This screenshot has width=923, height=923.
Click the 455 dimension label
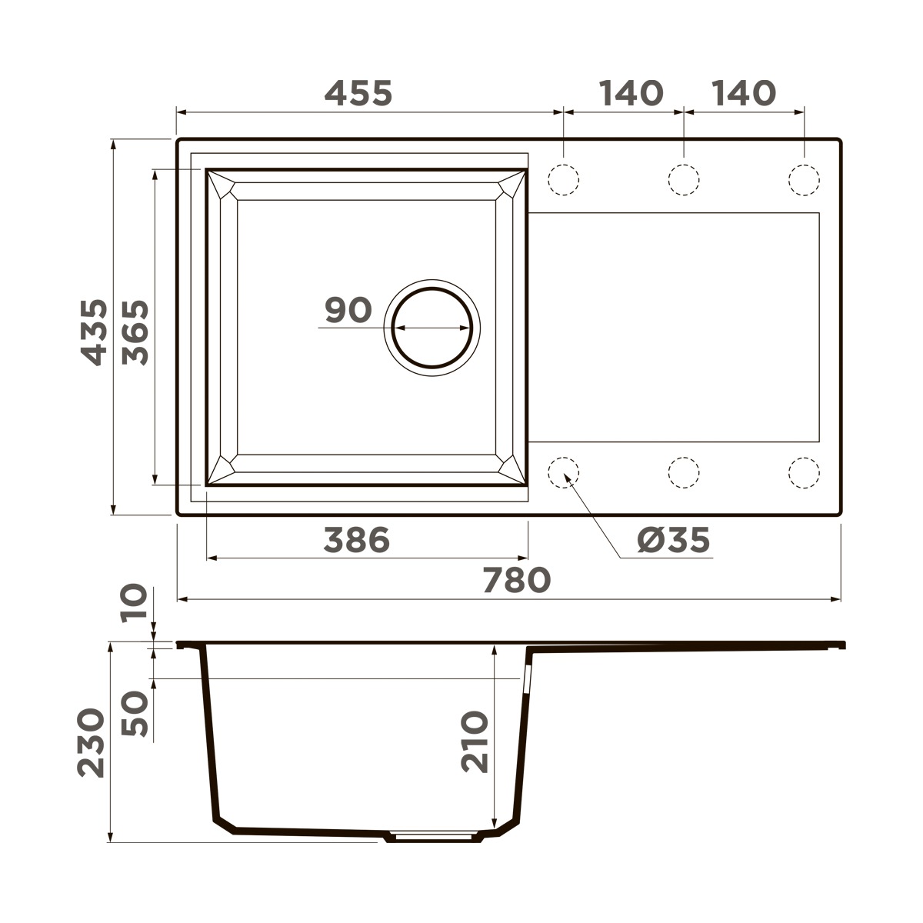[358, 93]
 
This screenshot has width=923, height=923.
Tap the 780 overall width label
[517, 580]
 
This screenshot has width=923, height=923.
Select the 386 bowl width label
[357, 539]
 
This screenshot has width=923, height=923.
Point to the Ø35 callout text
[674, 539]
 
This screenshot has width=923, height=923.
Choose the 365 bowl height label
[135, 332]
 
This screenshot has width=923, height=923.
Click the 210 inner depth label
[475, 741]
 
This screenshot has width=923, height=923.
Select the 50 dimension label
[135, 713]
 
